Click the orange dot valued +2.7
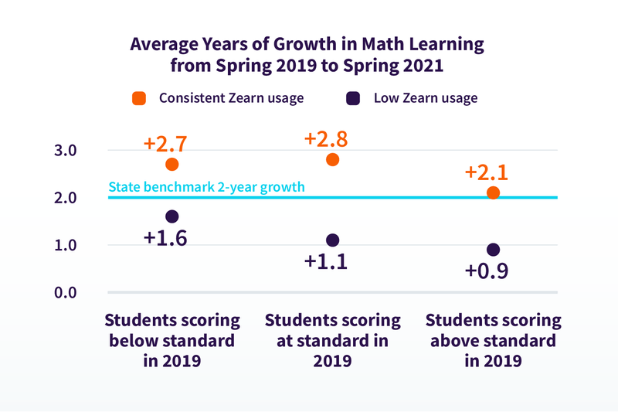tap(172, 164)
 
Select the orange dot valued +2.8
tap(333, 159)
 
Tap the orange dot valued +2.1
tap(494, 192)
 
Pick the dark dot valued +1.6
tap(172, 216)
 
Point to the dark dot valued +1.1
tap(333, 240)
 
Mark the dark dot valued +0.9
tap(494, 250)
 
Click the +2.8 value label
tap(325, 139)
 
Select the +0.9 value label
tap(486, 271)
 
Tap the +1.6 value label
tap(165, 237)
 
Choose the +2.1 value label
tap(486, 172)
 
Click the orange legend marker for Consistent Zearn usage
tap(139, 98)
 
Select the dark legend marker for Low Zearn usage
tap(354, 98)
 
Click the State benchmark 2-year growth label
tap(206, 187)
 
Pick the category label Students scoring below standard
tap(172, 340)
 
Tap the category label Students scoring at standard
tap(333, 340)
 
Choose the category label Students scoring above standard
tap(494, 340)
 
